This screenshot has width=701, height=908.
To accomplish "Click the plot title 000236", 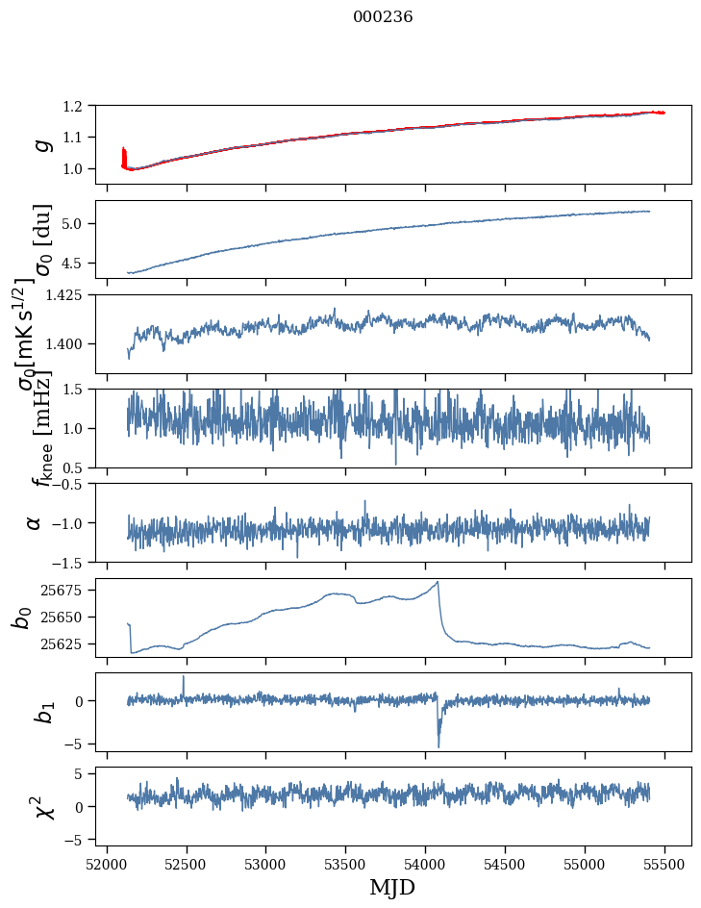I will pyautogui.click(x=383, y=17).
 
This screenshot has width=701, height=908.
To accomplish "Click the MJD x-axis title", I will pyautogui.click(x=392, y=887).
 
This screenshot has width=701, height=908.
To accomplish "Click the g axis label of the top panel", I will pyautogui.click(x=40, y=144).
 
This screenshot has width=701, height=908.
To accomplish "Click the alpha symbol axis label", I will pyautogui.click(x=35, y=522).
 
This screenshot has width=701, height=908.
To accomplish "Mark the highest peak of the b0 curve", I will pyautogui.click(x=438, y=582).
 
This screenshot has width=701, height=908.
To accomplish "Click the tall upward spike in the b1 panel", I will pyautogui.click(x=184, y=677).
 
